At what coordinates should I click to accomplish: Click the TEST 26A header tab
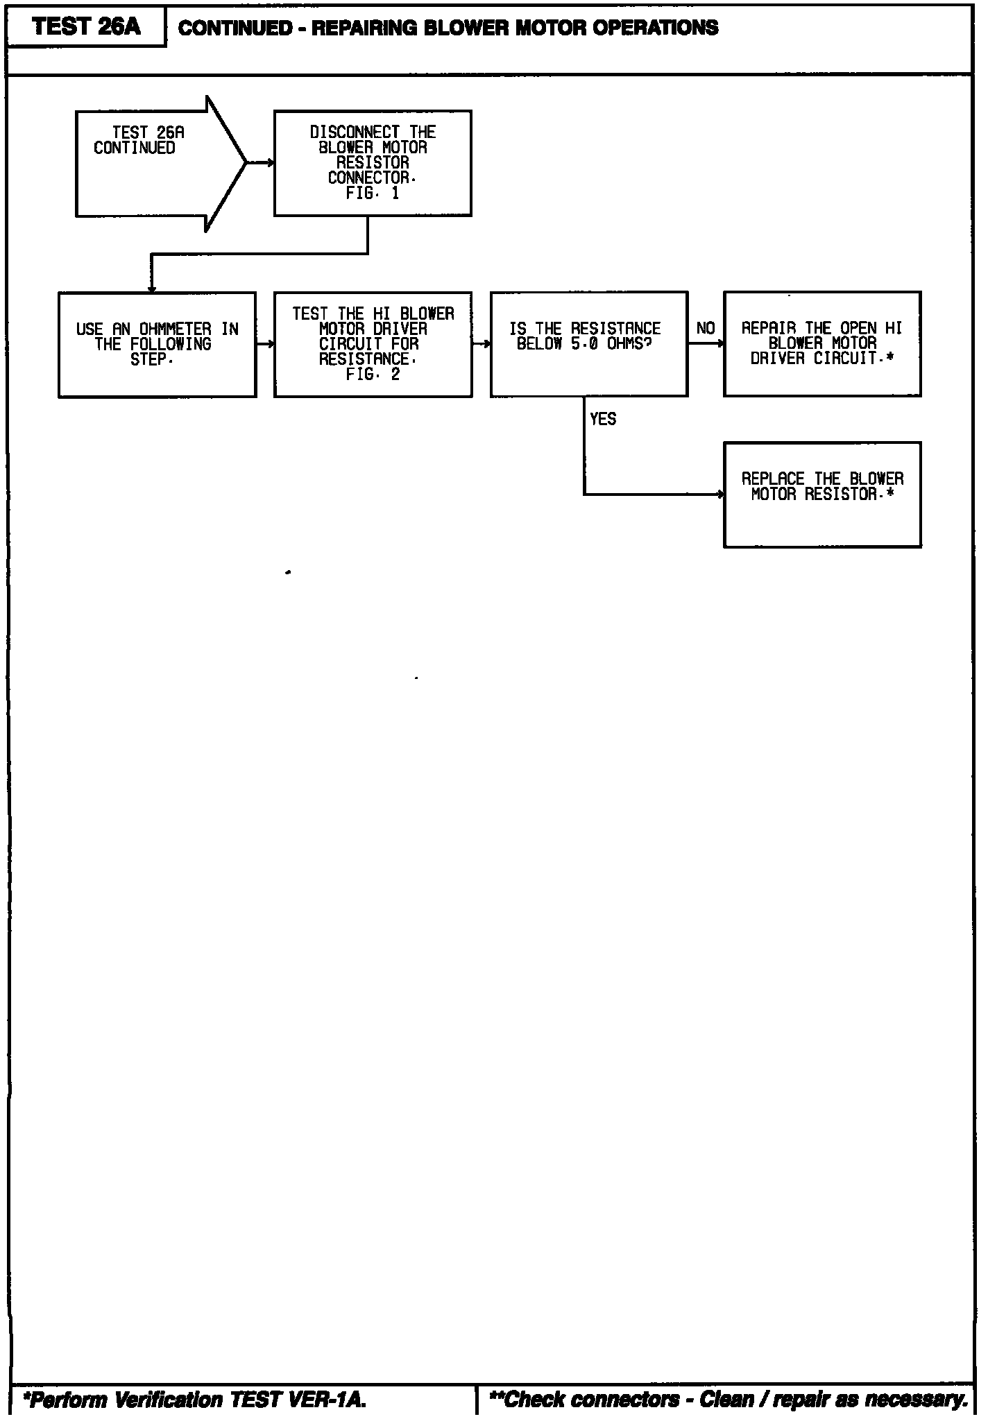pyautogui.click(x=86, y=27)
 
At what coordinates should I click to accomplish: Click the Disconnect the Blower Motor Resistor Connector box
pyautogui.click(x=373, y=163)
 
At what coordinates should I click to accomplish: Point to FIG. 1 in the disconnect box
pyautogui.click(x=373, y=193)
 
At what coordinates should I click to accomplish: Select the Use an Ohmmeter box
pyautogui.click(x=157, y=344)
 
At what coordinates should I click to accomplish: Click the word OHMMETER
pyautogui.click(x=175, y=329)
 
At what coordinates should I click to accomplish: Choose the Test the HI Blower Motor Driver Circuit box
pyautogui.click(x=373, y=344)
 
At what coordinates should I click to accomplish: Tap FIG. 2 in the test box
pyautogui.click(x=373, y=375)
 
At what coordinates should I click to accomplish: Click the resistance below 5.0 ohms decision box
pyautogui.click(x=588, y=344)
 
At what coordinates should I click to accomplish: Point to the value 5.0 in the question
pyautogui.click(x=584, y=344)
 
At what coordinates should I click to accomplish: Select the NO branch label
pyautogui.click(x=705, y=329)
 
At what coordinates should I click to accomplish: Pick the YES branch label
pyautogui.click(x=602, y=419)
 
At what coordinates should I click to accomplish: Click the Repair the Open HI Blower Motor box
pyautogui.click(x=822, y=344)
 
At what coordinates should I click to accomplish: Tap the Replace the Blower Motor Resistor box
pyautogui.click(x=822, y=495)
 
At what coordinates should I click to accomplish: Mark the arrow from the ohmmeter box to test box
pyautogui.click(x=265, y=344)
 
